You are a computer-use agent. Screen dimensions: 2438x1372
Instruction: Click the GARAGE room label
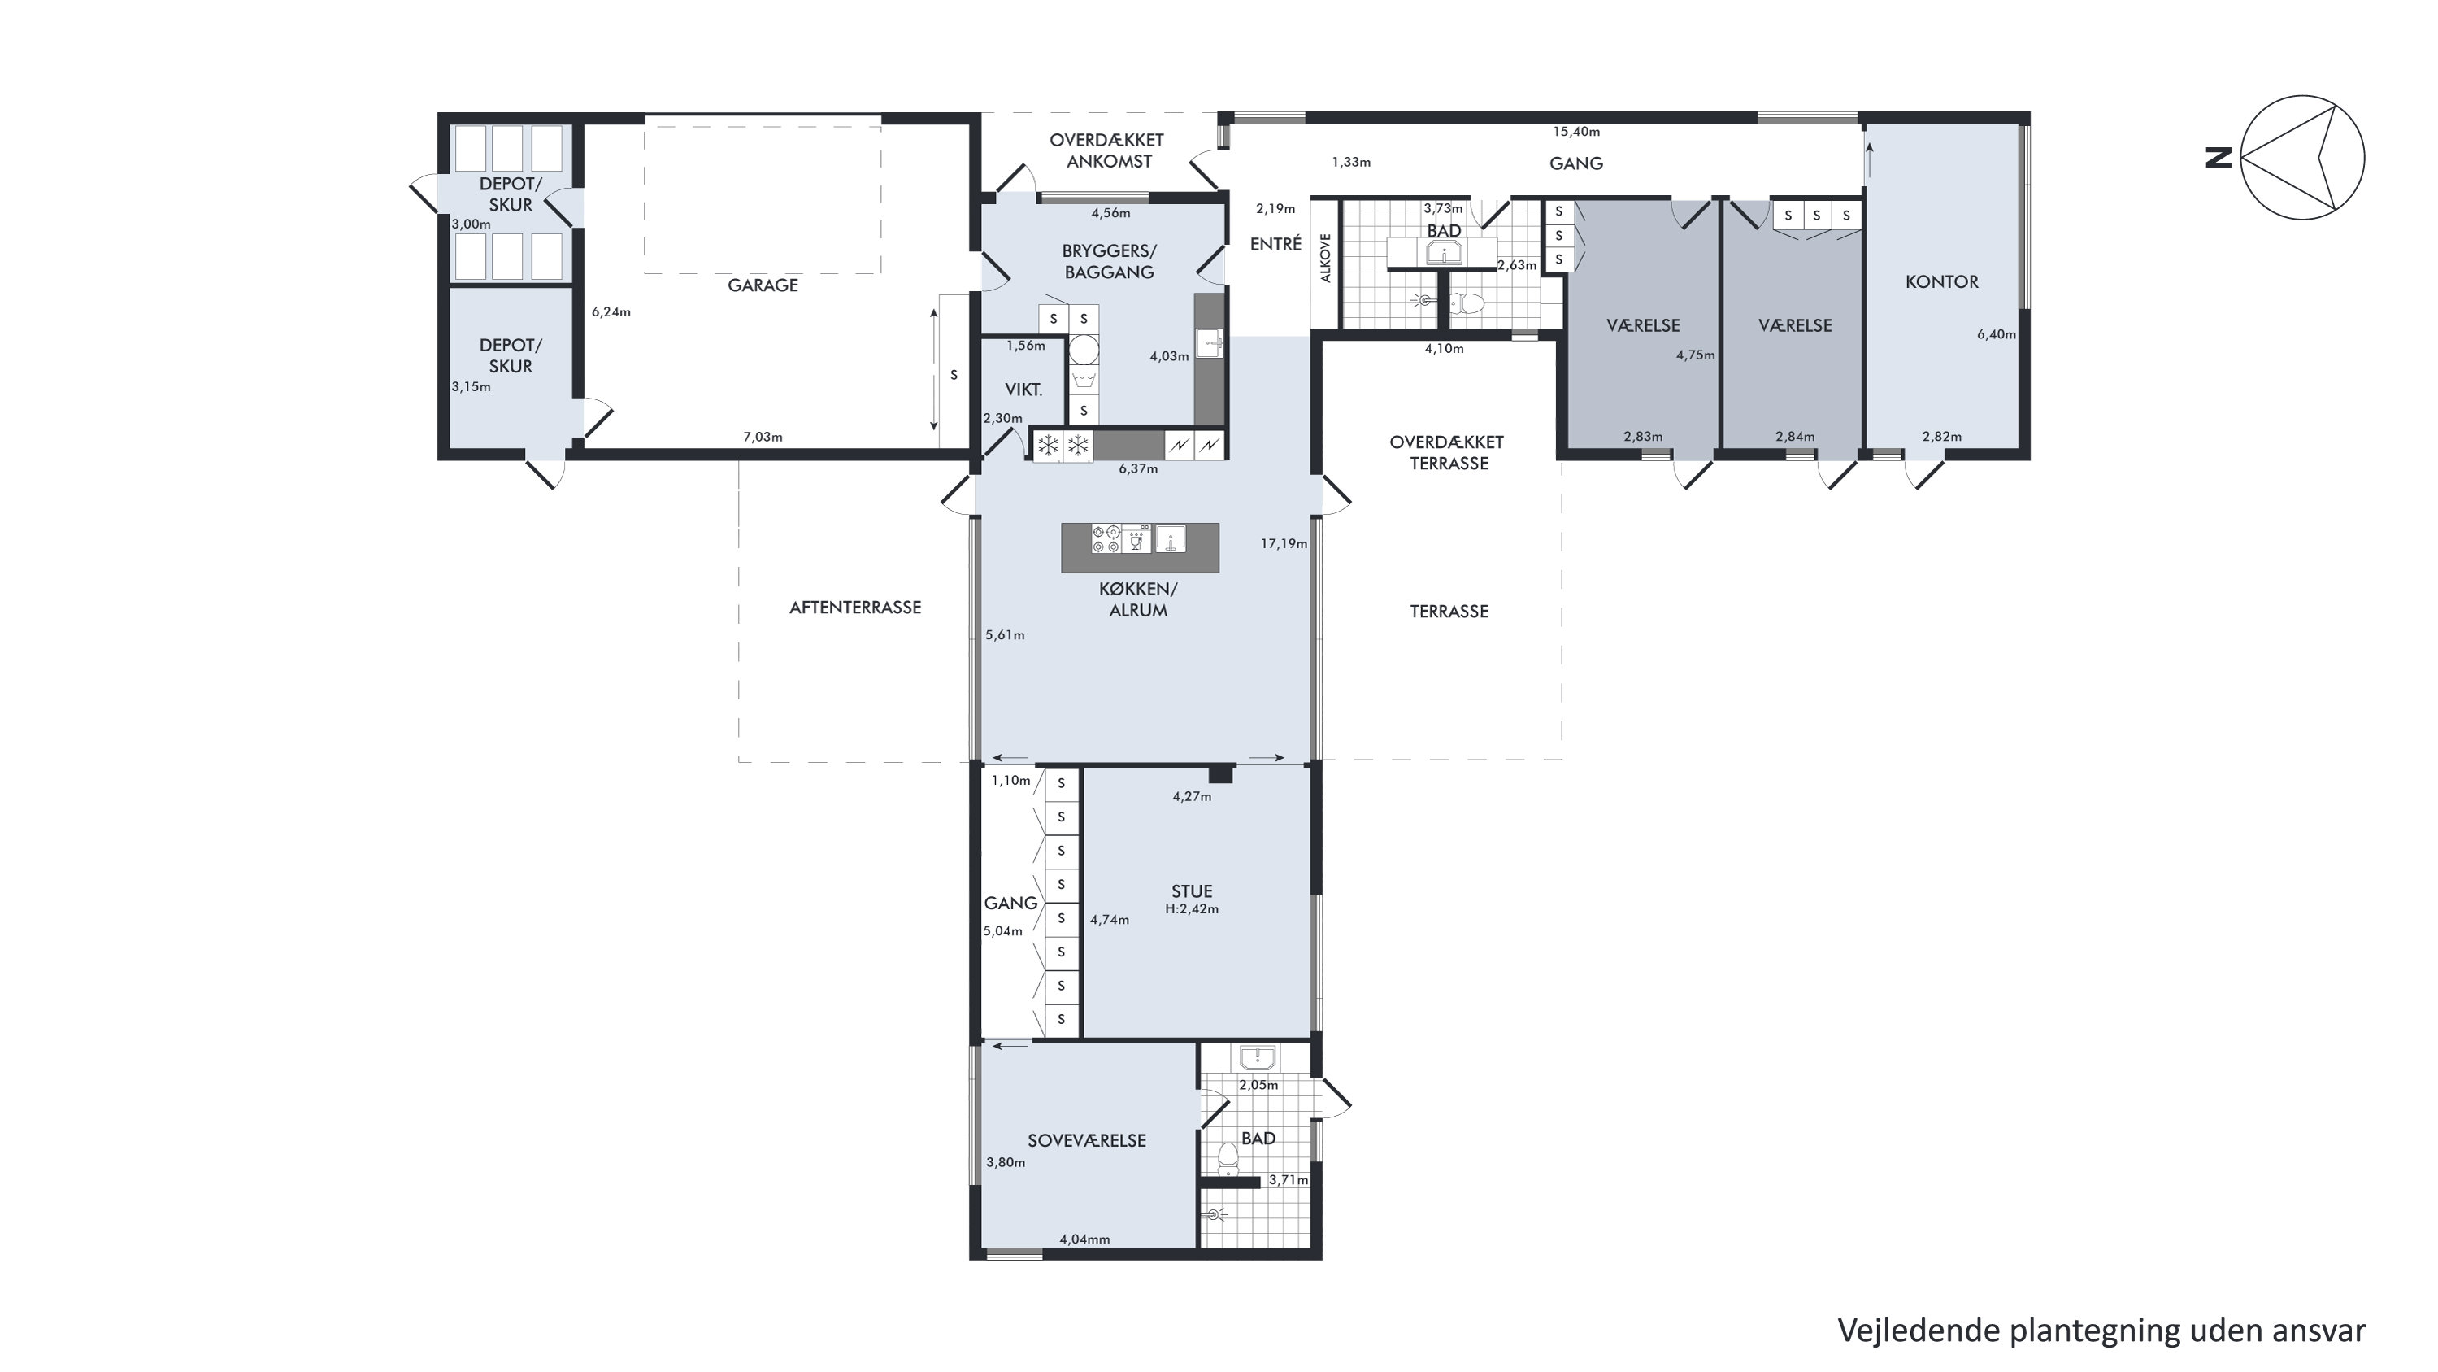pos(763,285)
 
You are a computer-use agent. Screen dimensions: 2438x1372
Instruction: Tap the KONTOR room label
pos(1942,281)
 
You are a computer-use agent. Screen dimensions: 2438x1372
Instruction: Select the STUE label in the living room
pos(1192,891)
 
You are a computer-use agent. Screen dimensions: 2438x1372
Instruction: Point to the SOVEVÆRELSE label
pos(1087,1141)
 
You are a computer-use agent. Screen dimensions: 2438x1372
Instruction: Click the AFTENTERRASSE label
pos(854,608)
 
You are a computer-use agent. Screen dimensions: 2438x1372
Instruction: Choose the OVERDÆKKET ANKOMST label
pos(1107,150)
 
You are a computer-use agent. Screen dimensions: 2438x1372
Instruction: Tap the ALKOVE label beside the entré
pos(1326,258)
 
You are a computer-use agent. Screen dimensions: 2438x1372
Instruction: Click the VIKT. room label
pos(1024,390)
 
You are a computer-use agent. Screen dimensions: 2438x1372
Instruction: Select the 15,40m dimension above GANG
pos(1575,132)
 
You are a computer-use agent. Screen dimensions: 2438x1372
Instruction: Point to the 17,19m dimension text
pos(1284,543)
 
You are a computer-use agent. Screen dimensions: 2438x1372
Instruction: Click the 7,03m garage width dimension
pos(763,437)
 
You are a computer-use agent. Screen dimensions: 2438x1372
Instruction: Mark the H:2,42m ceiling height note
pos(1192,909)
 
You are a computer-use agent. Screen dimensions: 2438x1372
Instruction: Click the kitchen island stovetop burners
pos(1106,538)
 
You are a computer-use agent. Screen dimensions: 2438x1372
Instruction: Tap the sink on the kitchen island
pos(1171,538)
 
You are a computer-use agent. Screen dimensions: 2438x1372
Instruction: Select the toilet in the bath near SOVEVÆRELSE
pos(1228,1156)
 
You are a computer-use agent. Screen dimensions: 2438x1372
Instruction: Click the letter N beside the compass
pos(2219,158)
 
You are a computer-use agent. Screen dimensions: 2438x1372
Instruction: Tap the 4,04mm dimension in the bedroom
pos(1084,1239)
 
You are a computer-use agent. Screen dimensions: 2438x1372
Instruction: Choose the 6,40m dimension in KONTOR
pos(1996,334)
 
